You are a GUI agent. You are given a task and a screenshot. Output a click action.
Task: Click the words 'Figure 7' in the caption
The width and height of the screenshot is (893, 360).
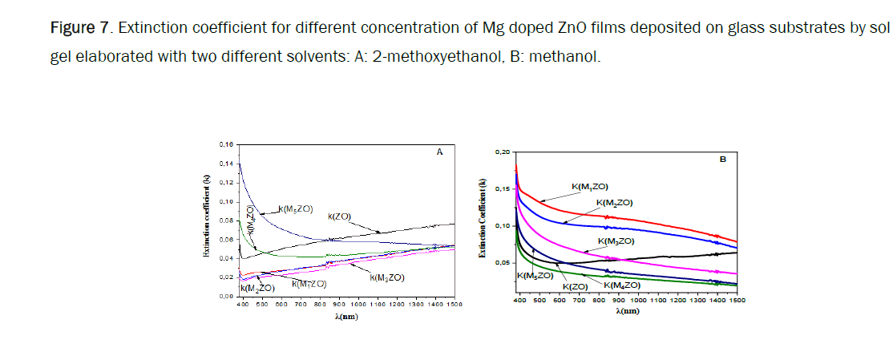pyautogui.click(x=79, y=30)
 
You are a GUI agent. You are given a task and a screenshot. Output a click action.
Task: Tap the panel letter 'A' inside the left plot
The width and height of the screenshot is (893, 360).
pyautogui.click(x=439, y=151)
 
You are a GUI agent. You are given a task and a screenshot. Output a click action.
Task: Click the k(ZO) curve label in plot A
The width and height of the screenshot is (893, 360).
pyautogui.click(x=341, y=216)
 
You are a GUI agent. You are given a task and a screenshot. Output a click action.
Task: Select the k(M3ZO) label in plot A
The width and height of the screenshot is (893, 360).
pyautogui.click(x=386, y=277)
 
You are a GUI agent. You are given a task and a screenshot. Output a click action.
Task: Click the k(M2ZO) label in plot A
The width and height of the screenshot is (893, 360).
pyautogui.click(x=258, y=287)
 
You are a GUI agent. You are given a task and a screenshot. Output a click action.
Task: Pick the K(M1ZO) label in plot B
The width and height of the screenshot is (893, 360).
pyautogui.click(x=589, y=186)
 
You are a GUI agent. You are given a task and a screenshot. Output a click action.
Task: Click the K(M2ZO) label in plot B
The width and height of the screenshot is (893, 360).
pyautogui.click(x=613, y=202)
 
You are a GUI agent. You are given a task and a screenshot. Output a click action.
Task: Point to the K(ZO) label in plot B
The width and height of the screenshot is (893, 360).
pyautogui.click(x=575, y=286)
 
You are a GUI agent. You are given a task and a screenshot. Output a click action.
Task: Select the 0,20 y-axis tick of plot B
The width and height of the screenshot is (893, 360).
pyautogui.click(x=503, y=152)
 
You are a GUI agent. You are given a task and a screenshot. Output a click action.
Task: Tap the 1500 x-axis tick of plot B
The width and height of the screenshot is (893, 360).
pyautogui.click(x=735, y=300)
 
